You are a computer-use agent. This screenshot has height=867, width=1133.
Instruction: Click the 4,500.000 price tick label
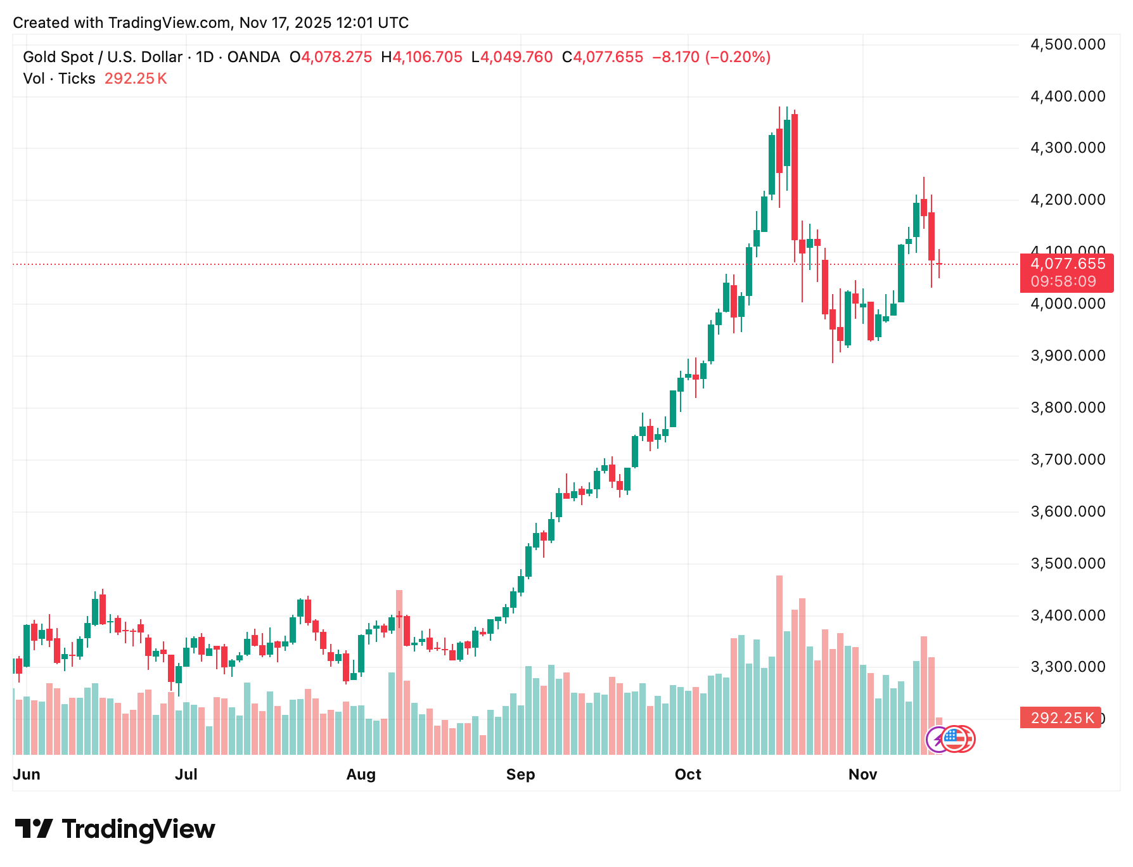tap(1068, 44)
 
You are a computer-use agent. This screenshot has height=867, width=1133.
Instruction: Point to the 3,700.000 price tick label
tap(1068, 459)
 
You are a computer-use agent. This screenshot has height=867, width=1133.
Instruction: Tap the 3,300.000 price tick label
tap(1068, 667)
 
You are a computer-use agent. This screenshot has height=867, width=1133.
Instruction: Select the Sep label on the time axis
tap(520, 774)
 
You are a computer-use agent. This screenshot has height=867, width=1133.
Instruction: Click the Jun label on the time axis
tap(27, 774)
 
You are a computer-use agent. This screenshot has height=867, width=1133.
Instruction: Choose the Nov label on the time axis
tap(862, 774)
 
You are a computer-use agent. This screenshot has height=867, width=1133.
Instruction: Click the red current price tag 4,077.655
tap(1067, 264)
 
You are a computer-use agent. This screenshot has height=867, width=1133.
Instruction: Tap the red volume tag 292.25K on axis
tap(1061, 718)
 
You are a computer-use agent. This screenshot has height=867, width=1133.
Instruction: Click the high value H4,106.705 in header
tap(422, 57)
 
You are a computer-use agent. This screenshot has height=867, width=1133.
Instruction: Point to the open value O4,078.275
tap(331, 57)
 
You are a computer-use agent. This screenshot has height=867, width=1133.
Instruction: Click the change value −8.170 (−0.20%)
tap(711, 57)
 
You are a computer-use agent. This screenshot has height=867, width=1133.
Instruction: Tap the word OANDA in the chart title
tap(253, 57)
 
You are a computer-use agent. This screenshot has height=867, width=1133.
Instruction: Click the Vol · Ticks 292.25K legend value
tap(136, 79)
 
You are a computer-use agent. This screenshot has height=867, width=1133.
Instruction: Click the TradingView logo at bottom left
tap(115, 829)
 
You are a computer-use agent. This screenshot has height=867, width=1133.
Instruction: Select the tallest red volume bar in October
tap(779, 665)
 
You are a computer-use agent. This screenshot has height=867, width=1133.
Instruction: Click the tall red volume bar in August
tap(399, 672)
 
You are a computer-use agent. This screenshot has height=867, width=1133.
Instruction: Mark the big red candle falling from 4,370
tap(795, 177)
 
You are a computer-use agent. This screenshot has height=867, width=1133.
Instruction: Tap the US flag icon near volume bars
tap(952, 738)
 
